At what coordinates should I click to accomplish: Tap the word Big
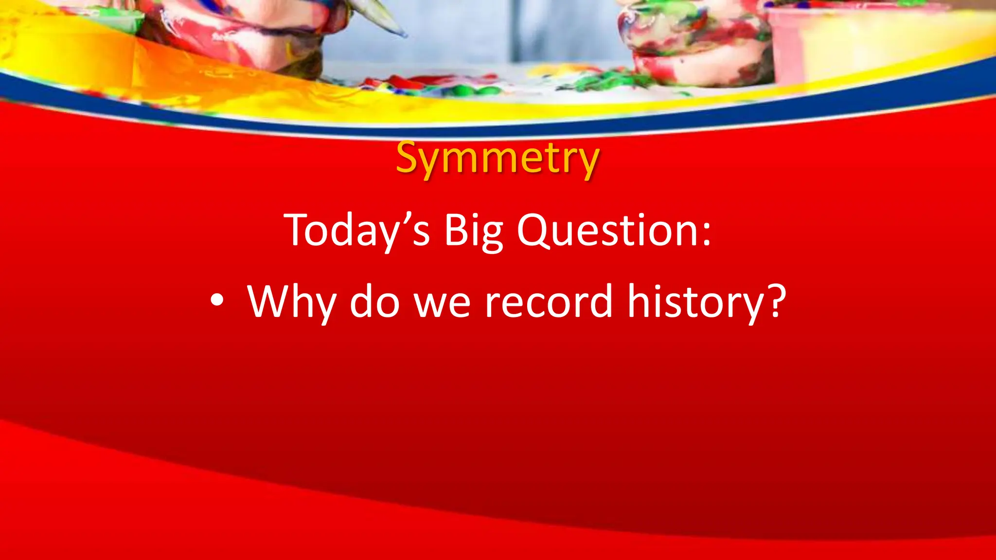point(473,231)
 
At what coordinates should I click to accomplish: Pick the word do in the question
point(374,301)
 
